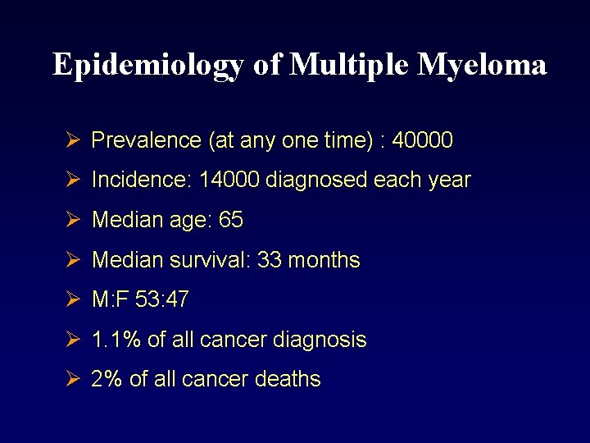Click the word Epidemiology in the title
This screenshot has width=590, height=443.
pos(149,65)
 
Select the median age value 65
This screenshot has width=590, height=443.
pos(231,221)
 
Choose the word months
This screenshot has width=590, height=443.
pos(325,260)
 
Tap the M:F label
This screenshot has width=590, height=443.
pos(109,300)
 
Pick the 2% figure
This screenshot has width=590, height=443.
pos(106,379)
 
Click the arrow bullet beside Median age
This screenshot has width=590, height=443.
pos(72,220)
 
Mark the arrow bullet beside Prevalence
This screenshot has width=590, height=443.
pos(72,140)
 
